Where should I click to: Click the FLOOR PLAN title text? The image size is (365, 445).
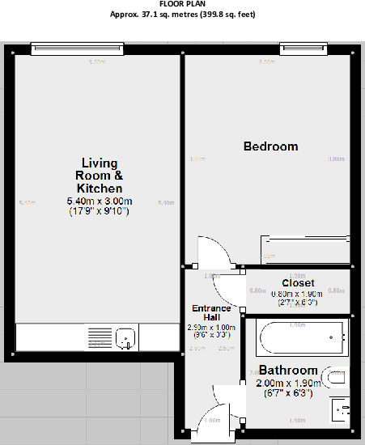[x=182, y=4]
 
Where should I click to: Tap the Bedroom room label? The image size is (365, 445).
[x=271, y=146]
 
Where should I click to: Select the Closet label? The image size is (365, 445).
[x=298, y=283]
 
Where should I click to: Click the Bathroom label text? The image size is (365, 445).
[x=287, y=371]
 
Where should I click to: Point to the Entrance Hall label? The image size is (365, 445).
[x=211, y=313]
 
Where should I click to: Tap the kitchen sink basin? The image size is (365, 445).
[x=125, y=337]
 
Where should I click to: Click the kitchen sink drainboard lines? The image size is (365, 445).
[x=99, y=337]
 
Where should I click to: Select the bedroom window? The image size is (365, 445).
[x=300, y=50]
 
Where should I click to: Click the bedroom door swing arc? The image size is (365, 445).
[x=215, y=250]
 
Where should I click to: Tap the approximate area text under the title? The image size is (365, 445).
[x=182, y=15]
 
